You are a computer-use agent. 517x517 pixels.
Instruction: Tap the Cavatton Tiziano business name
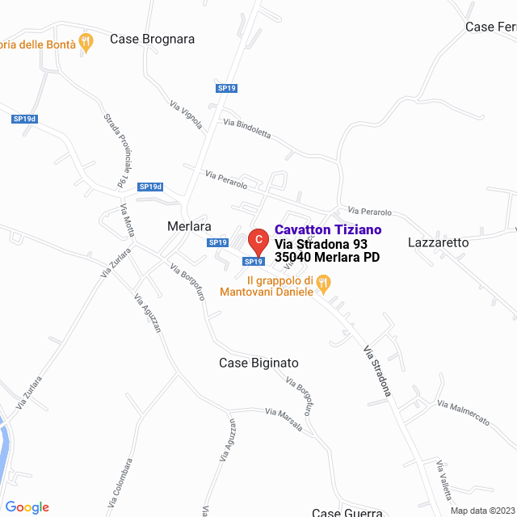click(328, 230)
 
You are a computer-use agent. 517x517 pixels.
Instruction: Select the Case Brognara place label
click(152, 39)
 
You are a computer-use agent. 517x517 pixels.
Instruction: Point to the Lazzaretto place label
click(438, 242)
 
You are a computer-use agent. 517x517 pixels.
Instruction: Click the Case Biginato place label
click(258, 364)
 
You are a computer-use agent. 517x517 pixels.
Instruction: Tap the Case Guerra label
click(347, 512)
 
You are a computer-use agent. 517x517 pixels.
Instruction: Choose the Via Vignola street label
click(186, 116)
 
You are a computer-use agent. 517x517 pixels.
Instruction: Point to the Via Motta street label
click(127, 221)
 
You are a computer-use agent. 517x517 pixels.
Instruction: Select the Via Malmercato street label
click(464, 411)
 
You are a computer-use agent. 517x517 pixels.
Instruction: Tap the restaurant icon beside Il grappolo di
click(323, 282)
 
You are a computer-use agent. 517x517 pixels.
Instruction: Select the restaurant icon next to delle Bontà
click(86, 41)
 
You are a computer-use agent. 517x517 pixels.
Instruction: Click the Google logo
click(27, 507)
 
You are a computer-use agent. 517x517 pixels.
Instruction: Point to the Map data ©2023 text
click(482, 511)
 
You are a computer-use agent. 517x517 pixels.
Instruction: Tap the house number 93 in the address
click(359, 244)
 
